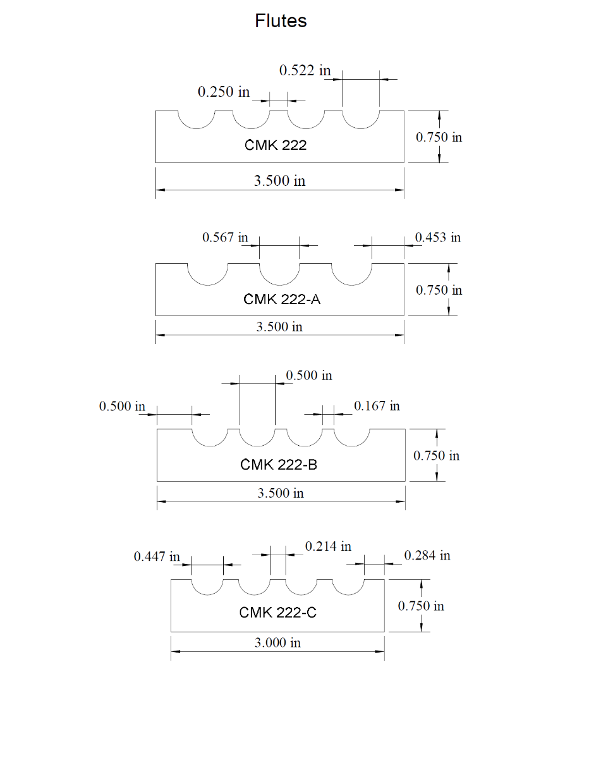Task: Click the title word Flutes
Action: click(x=281, y=21)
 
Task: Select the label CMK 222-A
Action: click(x=282, y=299)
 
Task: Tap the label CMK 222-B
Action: click(x=279, y=465)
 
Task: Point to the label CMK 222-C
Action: click(x=277, y=613)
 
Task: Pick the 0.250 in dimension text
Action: click(x=224, y=92)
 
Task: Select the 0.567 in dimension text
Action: click(x=225, y=237)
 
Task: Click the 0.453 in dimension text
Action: click(x=438, y=237)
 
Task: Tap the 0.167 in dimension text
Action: click(x=377, y=406)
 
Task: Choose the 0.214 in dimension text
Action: click(x=328, y=546)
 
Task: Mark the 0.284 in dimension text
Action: click(x=427, y=555)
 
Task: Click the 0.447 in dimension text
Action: click(x=157, y=556)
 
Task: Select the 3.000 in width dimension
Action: click(x=277, y=643)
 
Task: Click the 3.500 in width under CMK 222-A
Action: click(x=279, y=327)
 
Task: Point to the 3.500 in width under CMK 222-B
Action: click(x=281, y=493)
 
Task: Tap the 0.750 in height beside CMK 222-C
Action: click(x=421, y=606)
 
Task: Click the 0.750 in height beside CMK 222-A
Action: click(x=439, y=290)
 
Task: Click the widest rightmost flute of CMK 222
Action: click(x=361, y=120)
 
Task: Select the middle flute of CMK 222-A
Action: click(x=279, y=273)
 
